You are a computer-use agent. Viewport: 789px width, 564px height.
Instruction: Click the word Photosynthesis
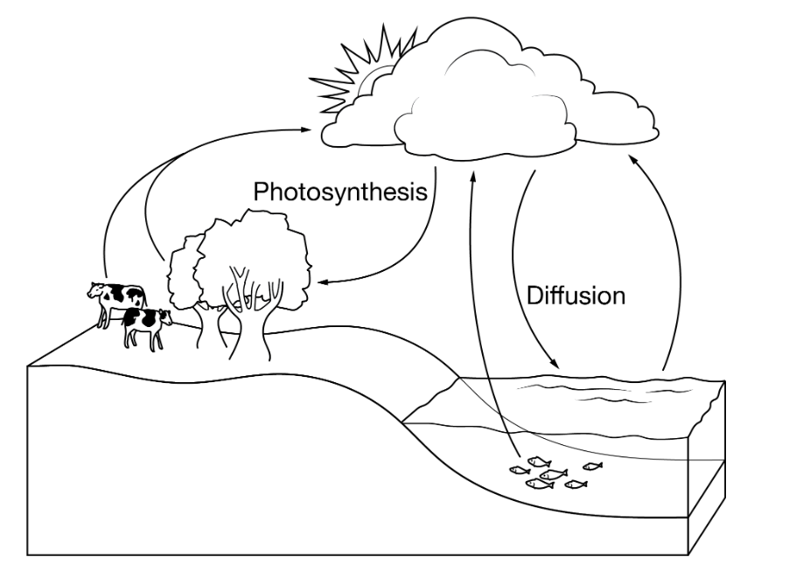click(x=340, y=191)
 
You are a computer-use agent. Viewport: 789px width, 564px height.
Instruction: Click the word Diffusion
click(x=576, y=295)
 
